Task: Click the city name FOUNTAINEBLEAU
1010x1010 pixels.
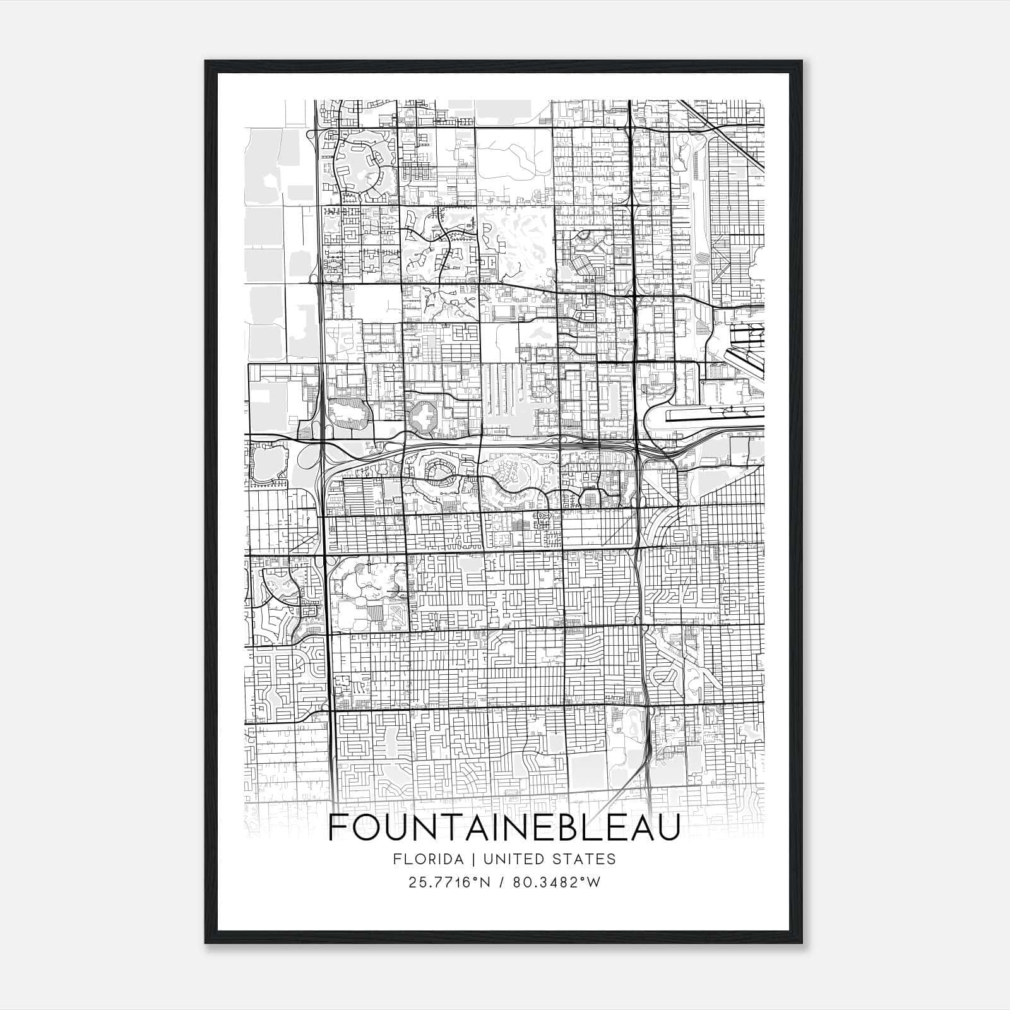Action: coord(504,828)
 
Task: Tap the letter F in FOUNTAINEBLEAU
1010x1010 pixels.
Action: coord(338,828)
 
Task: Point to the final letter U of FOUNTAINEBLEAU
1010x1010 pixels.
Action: coord(668,828)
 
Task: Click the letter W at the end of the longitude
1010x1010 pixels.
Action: coord(594,882)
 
